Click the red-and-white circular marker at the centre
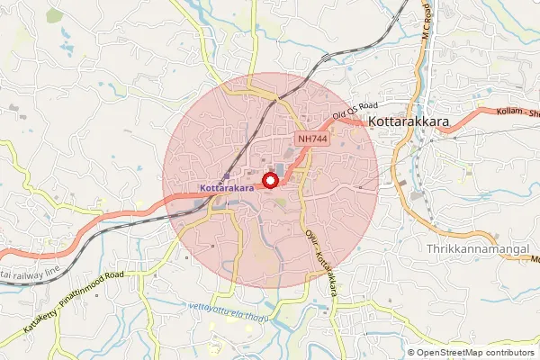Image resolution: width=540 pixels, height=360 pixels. (x=269, y=181)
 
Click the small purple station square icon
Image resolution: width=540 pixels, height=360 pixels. (x=227, y=177)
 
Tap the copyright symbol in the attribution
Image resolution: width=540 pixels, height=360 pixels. (x=411, y=352)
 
